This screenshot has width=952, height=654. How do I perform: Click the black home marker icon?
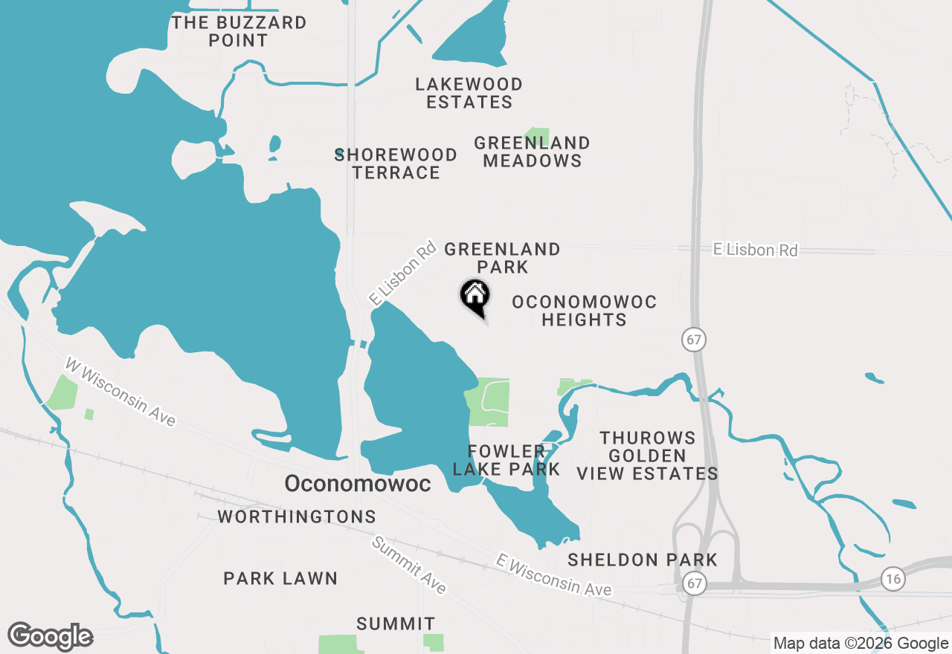(x=475, y=297)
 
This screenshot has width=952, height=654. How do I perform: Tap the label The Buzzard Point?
(x=239, y=31)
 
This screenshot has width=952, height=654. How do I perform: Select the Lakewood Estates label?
(x=469, y=93)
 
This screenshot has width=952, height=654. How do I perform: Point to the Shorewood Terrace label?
(x=396, y=163)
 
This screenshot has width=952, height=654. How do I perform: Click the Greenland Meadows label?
(x=532, y=152)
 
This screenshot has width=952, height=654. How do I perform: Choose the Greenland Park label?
(x=503, y=258)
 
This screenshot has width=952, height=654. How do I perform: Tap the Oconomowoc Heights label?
(x=585, y=311)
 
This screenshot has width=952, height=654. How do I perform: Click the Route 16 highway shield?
(x=893, y=577)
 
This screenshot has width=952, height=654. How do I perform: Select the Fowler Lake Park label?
(x=506, y=460)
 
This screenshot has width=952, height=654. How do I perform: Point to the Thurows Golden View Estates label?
(x=648, y=456)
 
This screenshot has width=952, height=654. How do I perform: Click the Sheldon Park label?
(x=643, y=560)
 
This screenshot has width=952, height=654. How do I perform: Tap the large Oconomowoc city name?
(x=358, y=484)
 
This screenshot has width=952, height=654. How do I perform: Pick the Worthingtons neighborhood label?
(x=297, y=517)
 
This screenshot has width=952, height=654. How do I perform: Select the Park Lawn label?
(x=280, y=578)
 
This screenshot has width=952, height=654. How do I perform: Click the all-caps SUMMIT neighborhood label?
(x=396, y=624)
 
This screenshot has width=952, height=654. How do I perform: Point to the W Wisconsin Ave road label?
(x=120, y=392)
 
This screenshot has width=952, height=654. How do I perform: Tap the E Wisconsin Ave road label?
(x=555, y=574)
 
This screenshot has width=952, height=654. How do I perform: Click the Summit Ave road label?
(x=409, y=565)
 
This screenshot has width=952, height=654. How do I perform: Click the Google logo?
(x=51, y=637)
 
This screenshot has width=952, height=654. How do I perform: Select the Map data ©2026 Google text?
(x=861, y=644)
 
